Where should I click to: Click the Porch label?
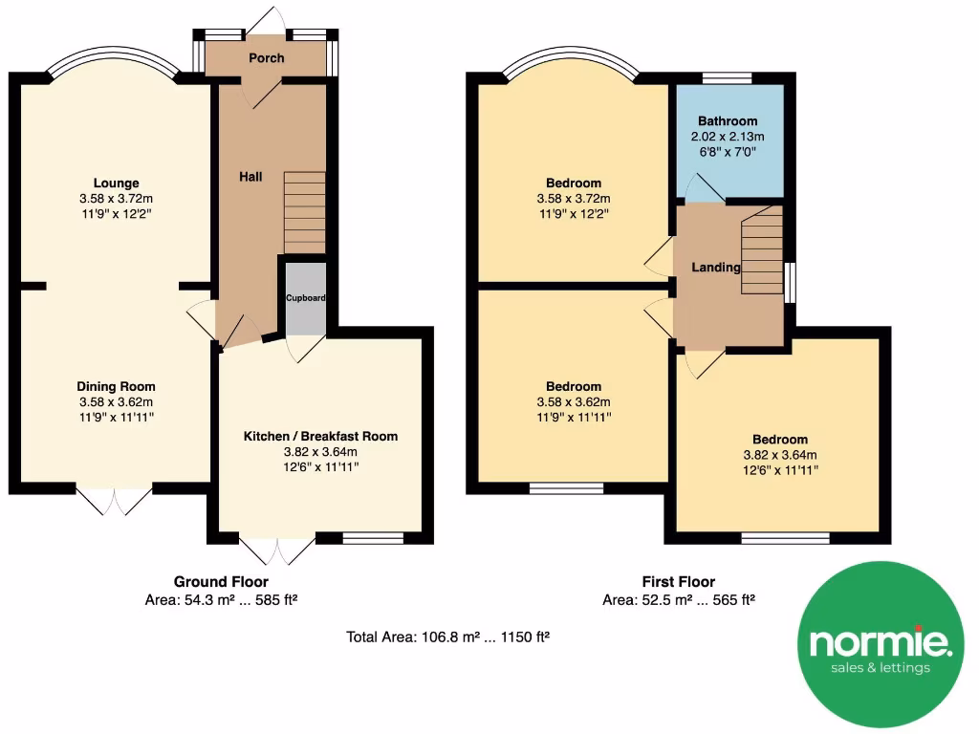coord(267,58)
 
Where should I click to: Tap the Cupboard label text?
coord(306,298)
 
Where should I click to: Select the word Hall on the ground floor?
coord(250,177)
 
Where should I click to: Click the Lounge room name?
coord(116,183)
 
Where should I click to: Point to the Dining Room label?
coord(116,387)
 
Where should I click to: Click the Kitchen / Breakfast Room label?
coord(320,436)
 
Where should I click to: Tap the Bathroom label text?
coord(728,121)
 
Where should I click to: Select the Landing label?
coord(717,268)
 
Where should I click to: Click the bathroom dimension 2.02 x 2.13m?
coord(728,137)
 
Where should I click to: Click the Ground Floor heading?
coord(221,581)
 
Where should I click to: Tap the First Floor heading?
coord(678,581)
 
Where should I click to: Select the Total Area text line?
coord(447,636)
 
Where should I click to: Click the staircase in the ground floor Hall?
coord(305,212)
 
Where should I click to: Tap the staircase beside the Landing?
coord(762,251)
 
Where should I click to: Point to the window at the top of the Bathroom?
coord(728,78)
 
